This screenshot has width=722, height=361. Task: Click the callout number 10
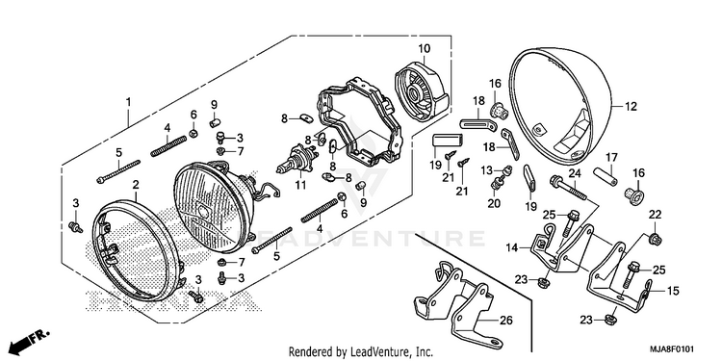click(x=425, y=48)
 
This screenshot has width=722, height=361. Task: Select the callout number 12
click(x=631, y=107)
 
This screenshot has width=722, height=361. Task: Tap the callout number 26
click(x=506, y=320)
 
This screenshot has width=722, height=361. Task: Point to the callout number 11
click(x=300, y=186)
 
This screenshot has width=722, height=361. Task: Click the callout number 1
click(x=128, y=101)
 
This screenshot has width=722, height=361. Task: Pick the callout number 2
click(x=136, y=185)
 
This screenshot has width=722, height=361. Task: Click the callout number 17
click(x=611, y=157)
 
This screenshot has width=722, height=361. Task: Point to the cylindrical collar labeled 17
click(x=604, y=175)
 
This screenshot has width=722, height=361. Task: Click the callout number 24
click(x=575, y=173)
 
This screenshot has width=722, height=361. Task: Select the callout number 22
click(x=656, y=215)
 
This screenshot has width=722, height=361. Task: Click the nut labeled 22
click(x=655, y=239)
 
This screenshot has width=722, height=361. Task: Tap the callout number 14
click(x=512, y=248)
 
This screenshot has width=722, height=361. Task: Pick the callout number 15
click(x=673, y=291)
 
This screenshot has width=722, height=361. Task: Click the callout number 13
click(x=487, y=170)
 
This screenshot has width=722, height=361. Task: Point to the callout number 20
click(x=494, y=203)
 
